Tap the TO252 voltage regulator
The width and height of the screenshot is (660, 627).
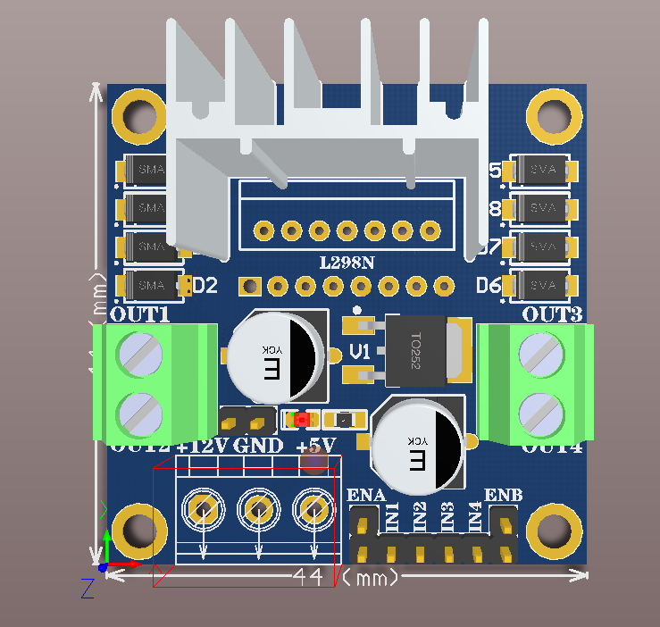[x=417, y=353]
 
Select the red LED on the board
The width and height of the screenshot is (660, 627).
[x=301, y=419]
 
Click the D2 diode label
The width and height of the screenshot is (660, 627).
[x=205, y=286]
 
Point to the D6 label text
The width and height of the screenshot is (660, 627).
[x=489, y=286]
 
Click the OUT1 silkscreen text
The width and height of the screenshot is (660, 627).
[x=140, y=314]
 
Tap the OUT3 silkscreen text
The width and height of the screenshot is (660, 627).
[x=552, y=314]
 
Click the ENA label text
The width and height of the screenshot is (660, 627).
[x=365, y=496]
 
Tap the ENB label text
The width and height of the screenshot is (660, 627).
[x=503, y=496]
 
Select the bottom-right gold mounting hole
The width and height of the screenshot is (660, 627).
[x=555, y=531]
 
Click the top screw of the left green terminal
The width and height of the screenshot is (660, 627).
[x=141, y=355]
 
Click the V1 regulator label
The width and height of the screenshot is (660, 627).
[x=359, y=352]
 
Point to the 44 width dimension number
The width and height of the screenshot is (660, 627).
[x=308, y=578]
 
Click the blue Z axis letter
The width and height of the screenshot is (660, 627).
[x=88, y=587]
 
